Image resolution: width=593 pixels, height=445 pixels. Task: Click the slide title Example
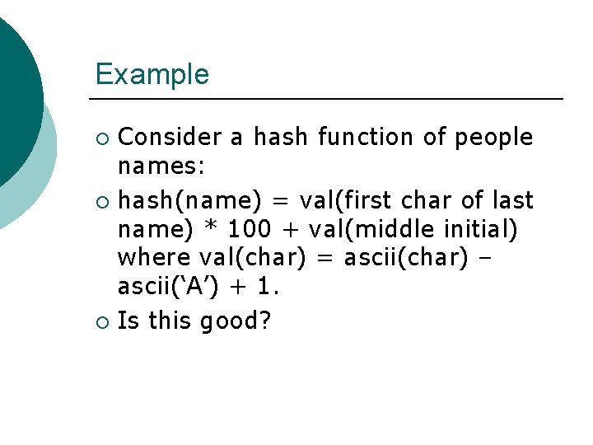(152, 74)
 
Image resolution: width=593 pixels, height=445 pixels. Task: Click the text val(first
(336, 200)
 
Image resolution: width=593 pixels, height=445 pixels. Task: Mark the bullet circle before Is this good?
(102, 321)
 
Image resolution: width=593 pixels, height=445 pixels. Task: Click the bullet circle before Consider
(102, 138)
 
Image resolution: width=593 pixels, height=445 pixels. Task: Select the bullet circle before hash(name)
(102, 201)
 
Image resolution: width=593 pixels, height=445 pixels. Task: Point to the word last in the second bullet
(514, 200)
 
